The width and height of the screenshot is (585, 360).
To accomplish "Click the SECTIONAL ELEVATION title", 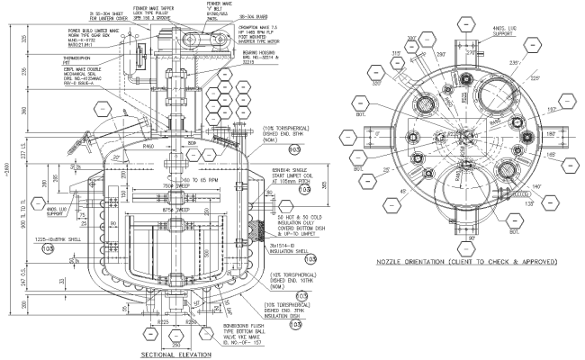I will point(176,355).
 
